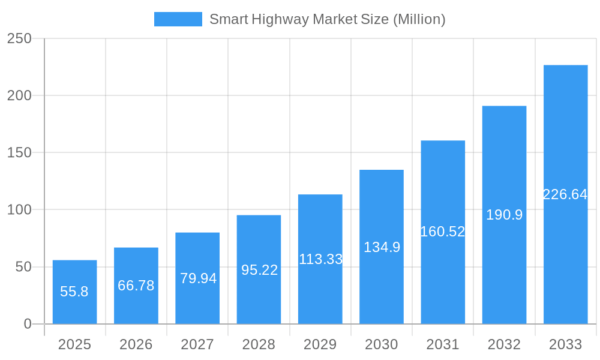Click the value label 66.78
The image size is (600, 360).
pyautogui.click(x=136, y=286)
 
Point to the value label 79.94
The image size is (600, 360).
pyautogui.click(x=198, y=278)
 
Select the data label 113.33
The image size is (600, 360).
pyautogui.click(x=320, y=259)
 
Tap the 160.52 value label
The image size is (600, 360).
pyautogui.click(x=443, y=232)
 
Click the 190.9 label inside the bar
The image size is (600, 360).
pyautogui.click(x=504, y=215)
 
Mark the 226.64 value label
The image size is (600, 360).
pyautogui.click(x=565, y=194)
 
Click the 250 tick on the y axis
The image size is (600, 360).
pyautogui.click(x=19, y=38)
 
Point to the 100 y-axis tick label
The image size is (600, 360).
pyautogui.click(x=19, y=210)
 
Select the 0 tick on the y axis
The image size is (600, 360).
pyautogui.click(x=28, y=324)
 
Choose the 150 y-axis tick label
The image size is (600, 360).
pyautogui.click(x=19, y=153)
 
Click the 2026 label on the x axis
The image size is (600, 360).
pyautogui.click(x=136, y=344)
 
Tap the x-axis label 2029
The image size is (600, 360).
pyautogui.click(x=320, y=344)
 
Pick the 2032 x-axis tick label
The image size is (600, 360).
pyautogui.click(x=504, y=344)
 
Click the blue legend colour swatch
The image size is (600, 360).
pyautogui.click(x=178, y=19)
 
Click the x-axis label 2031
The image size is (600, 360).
pyautogui.click(x=443, y=344)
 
